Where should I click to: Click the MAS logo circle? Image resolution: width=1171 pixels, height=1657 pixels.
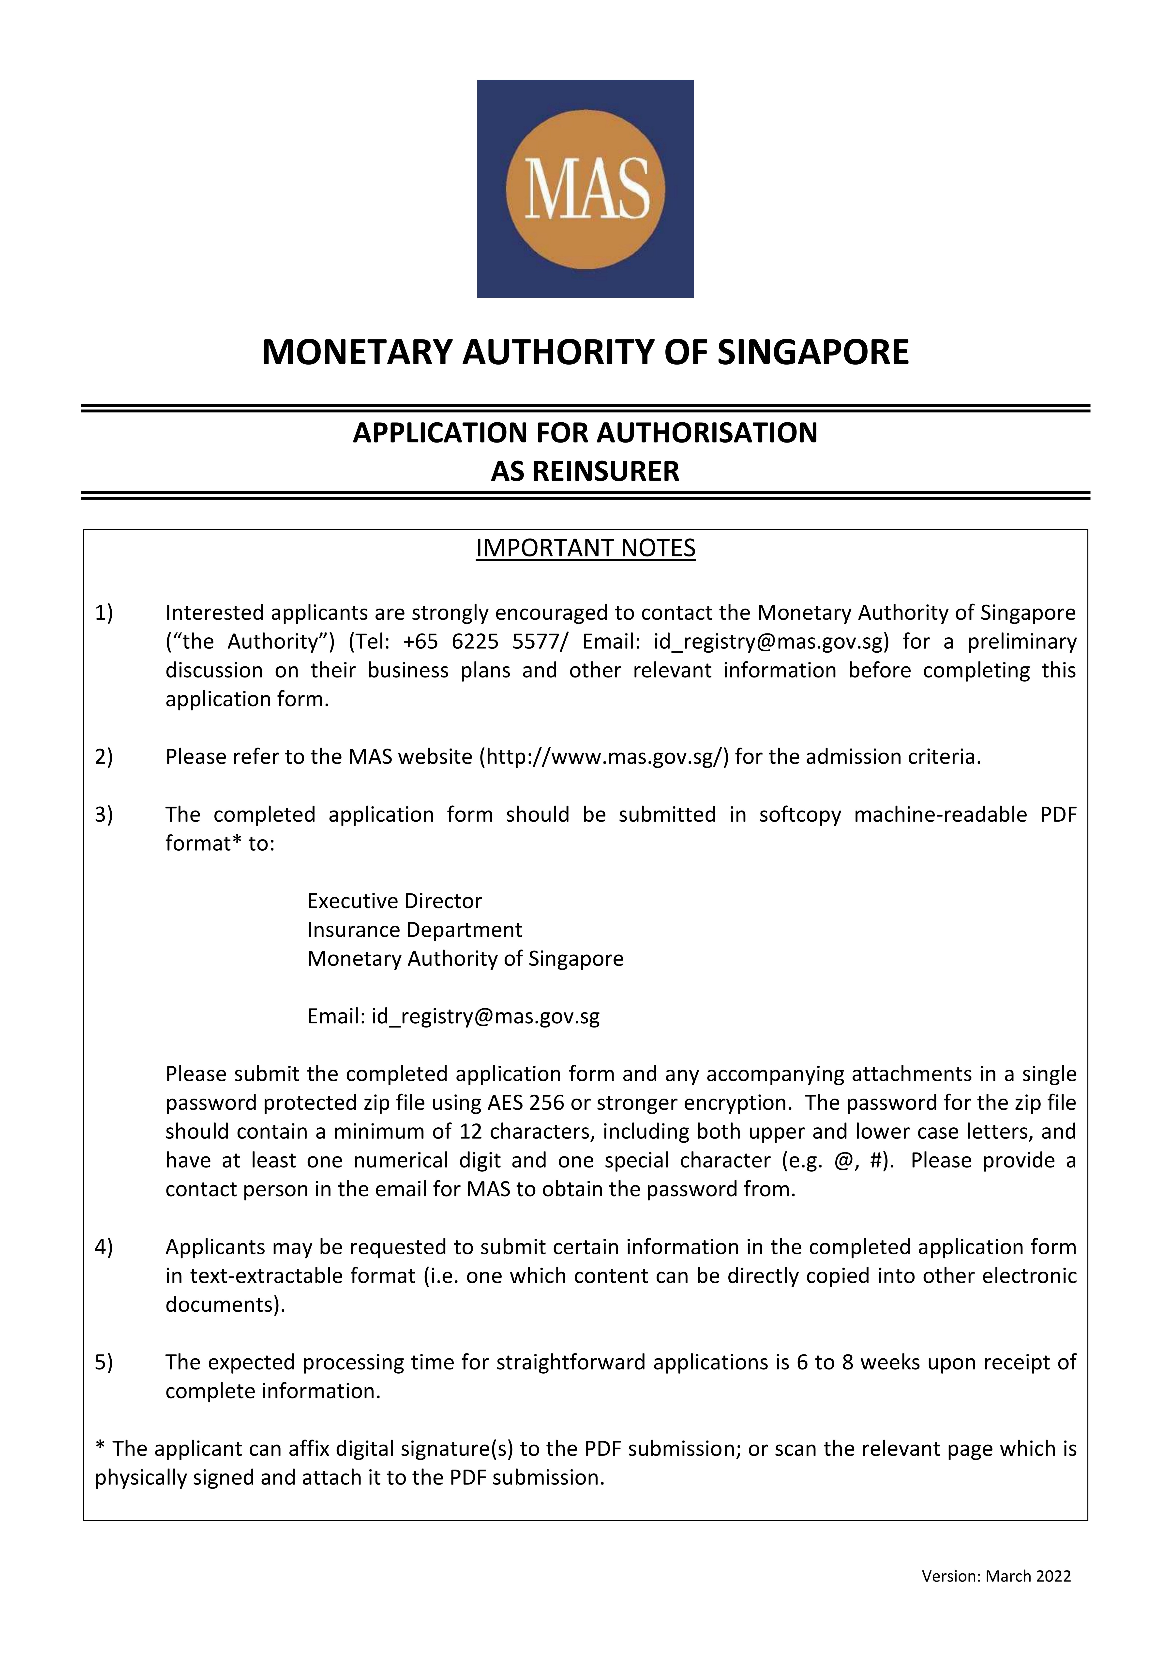pos(585,188)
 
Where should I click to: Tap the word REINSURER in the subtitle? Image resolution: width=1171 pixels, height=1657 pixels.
pos(606,471)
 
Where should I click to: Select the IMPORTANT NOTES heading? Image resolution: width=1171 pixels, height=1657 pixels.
pos(585,549)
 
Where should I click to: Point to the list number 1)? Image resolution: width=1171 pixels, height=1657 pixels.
pos(104,613)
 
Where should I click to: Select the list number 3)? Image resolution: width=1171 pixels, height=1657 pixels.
pos(104,815)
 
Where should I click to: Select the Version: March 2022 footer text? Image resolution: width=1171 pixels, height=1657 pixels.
pos(996,1576)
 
